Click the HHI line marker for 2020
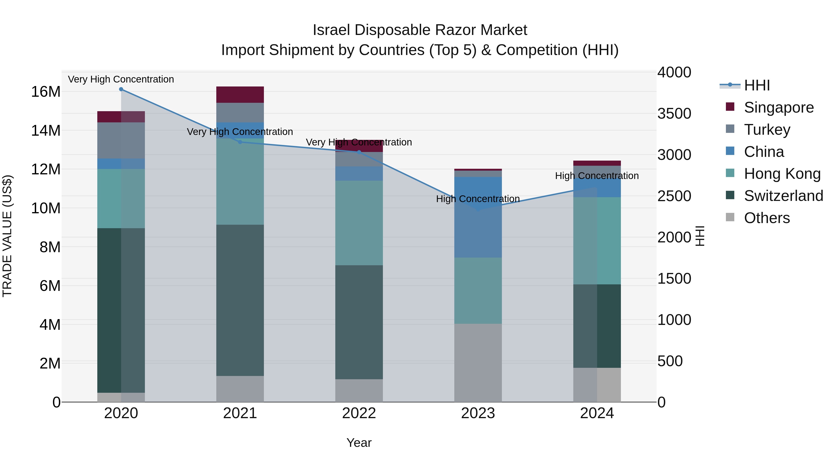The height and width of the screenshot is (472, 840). (121, 89)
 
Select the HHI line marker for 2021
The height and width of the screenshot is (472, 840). (240, 142)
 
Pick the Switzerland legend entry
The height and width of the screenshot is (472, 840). (783, 196)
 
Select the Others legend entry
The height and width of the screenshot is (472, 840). (766, 218)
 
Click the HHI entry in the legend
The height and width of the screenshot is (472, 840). (756, 85)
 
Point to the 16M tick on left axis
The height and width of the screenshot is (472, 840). (46, 92)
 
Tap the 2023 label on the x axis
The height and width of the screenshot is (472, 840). (478, 413)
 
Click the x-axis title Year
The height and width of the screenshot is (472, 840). (359, 443)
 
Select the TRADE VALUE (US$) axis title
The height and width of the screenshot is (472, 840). (7, 236)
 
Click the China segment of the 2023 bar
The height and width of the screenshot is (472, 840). (478, 217)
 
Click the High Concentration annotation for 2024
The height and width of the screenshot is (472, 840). (597, 176)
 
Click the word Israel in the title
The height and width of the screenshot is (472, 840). (331, 30)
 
